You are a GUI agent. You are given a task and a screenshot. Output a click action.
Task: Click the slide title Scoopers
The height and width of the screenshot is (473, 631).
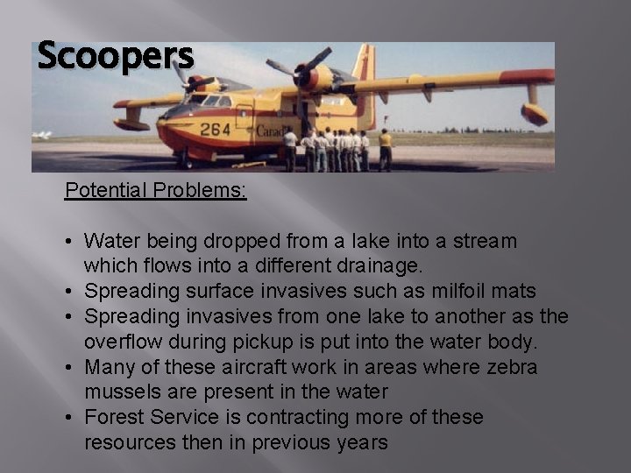115,56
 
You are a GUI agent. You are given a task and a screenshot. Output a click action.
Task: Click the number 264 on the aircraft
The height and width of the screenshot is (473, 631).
214,130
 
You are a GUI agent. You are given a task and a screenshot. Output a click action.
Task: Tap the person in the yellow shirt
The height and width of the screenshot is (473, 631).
385,147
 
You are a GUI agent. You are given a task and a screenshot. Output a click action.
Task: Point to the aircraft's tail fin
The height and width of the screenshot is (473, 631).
364,74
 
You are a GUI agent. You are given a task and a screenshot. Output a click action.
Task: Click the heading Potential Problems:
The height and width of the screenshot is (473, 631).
155,190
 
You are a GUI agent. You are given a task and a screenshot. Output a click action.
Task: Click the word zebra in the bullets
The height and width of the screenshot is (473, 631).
509,367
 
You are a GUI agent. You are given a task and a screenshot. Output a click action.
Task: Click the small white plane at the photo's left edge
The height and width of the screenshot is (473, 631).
42,135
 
